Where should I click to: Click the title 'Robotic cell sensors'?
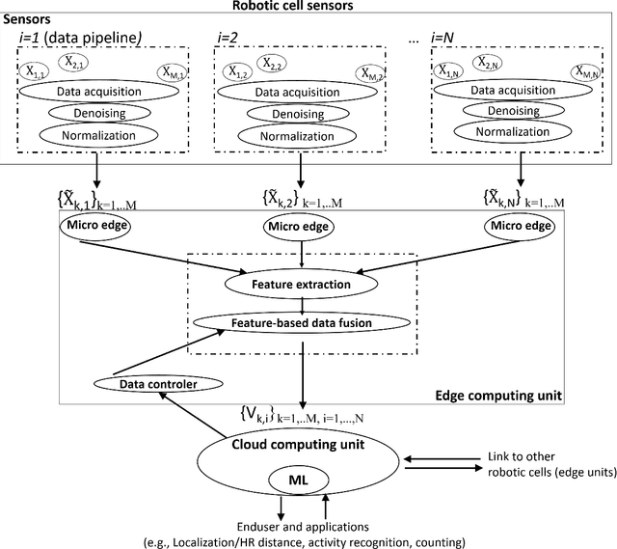(x=308, y=8)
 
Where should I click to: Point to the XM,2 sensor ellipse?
(x=366, y=73)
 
